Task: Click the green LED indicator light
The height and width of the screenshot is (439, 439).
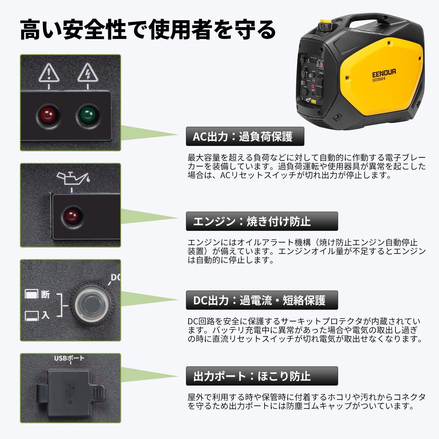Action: point(88,114)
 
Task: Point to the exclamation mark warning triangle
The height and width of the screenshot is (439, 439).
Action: point(49,73)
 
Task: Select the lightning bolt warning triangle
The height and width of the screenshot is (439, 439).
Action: point(88,73)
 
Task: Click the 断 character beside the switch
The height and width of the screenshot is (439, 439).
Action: point(46,294)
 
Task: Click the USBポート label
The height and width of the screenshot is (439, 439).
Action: point(69,358)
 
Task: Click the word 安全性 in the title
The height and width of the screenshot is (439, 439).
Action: point(95,30)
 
